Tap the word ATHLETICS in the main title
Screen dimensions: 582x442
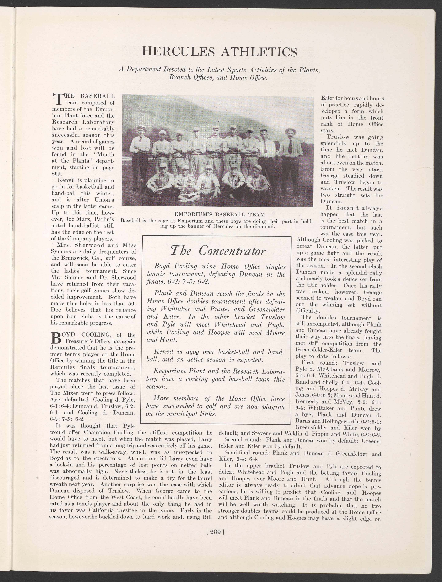pos(259,52)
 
